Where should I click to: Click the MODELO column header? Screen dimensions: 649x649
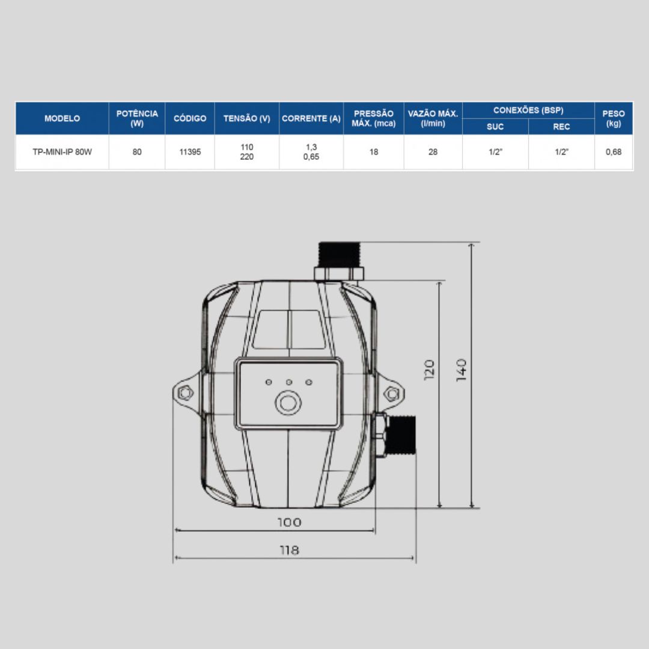pyautogui.click(x=62, y=118)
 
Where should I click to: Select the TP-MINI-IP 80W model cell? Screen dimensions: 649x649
pyautogui.click(x=62, y=152)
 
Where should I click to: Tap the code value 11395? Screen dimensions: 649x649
pyautogui.click(x=190, y=152)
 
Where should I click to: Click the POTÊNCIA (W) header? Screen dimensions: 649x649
pyautogui.click(x=137, y=118)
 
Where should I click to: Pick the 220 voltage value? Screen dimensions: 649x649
pyautogui.click(x=247, y=157)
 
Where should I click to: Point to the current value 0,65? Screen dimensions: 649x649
pyautogui.click(x=311, y=157)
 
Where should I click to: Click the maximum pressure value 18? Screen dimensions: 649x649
pyautogui.click(x=374, y=152)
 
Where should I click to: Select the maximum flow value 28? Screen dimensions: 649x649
pyautogui.click(x=433, y=152)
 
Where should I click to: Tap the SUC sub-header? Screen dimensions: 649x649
pyautogui.click(x=495, y=127)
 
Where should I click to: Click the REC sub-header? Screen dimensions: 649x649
pyautogui.click(x=561, y=127)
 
